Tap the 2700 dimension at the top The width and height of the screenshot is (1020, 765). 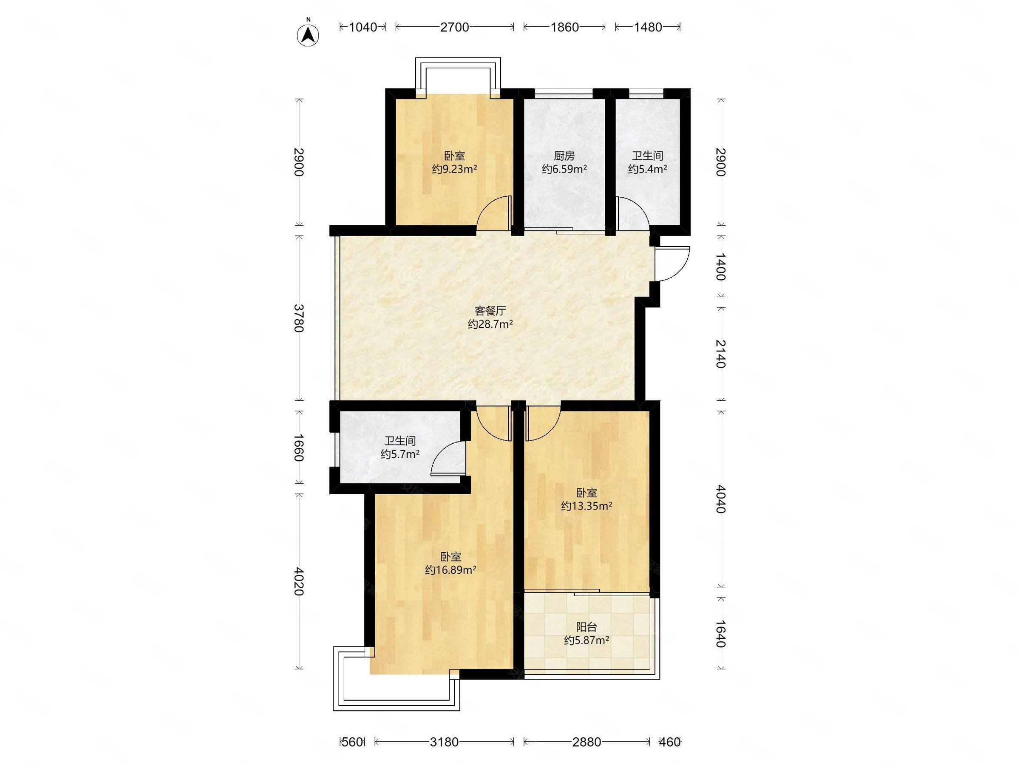(x=454, y=27)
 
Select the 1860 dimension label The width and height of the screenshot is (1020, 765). (x=564, y=27)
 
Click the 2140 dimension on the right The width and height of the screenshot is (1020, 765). (x=720, y=354)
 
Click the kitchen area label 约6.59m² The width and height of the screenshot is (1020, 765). (x=564, y=169)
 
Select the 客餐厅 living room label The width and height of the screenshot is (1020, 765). (x=490, y=311)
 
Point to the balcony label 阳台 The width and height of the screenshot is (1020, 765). (x=586, y=627)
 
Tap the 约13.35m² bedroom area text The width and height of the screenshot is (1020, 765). (x=586, y=506)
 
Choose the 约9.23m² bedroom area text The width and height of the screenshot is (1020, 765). (x=454, y=169)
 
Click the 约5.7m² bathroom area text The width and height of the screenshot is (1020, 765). (x=400, y=454)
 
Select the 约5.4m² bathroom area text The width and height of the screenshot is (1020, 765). (x=647, y=169)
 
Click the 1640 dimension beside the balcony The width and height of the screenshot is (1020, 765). (x=720, y=634)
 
